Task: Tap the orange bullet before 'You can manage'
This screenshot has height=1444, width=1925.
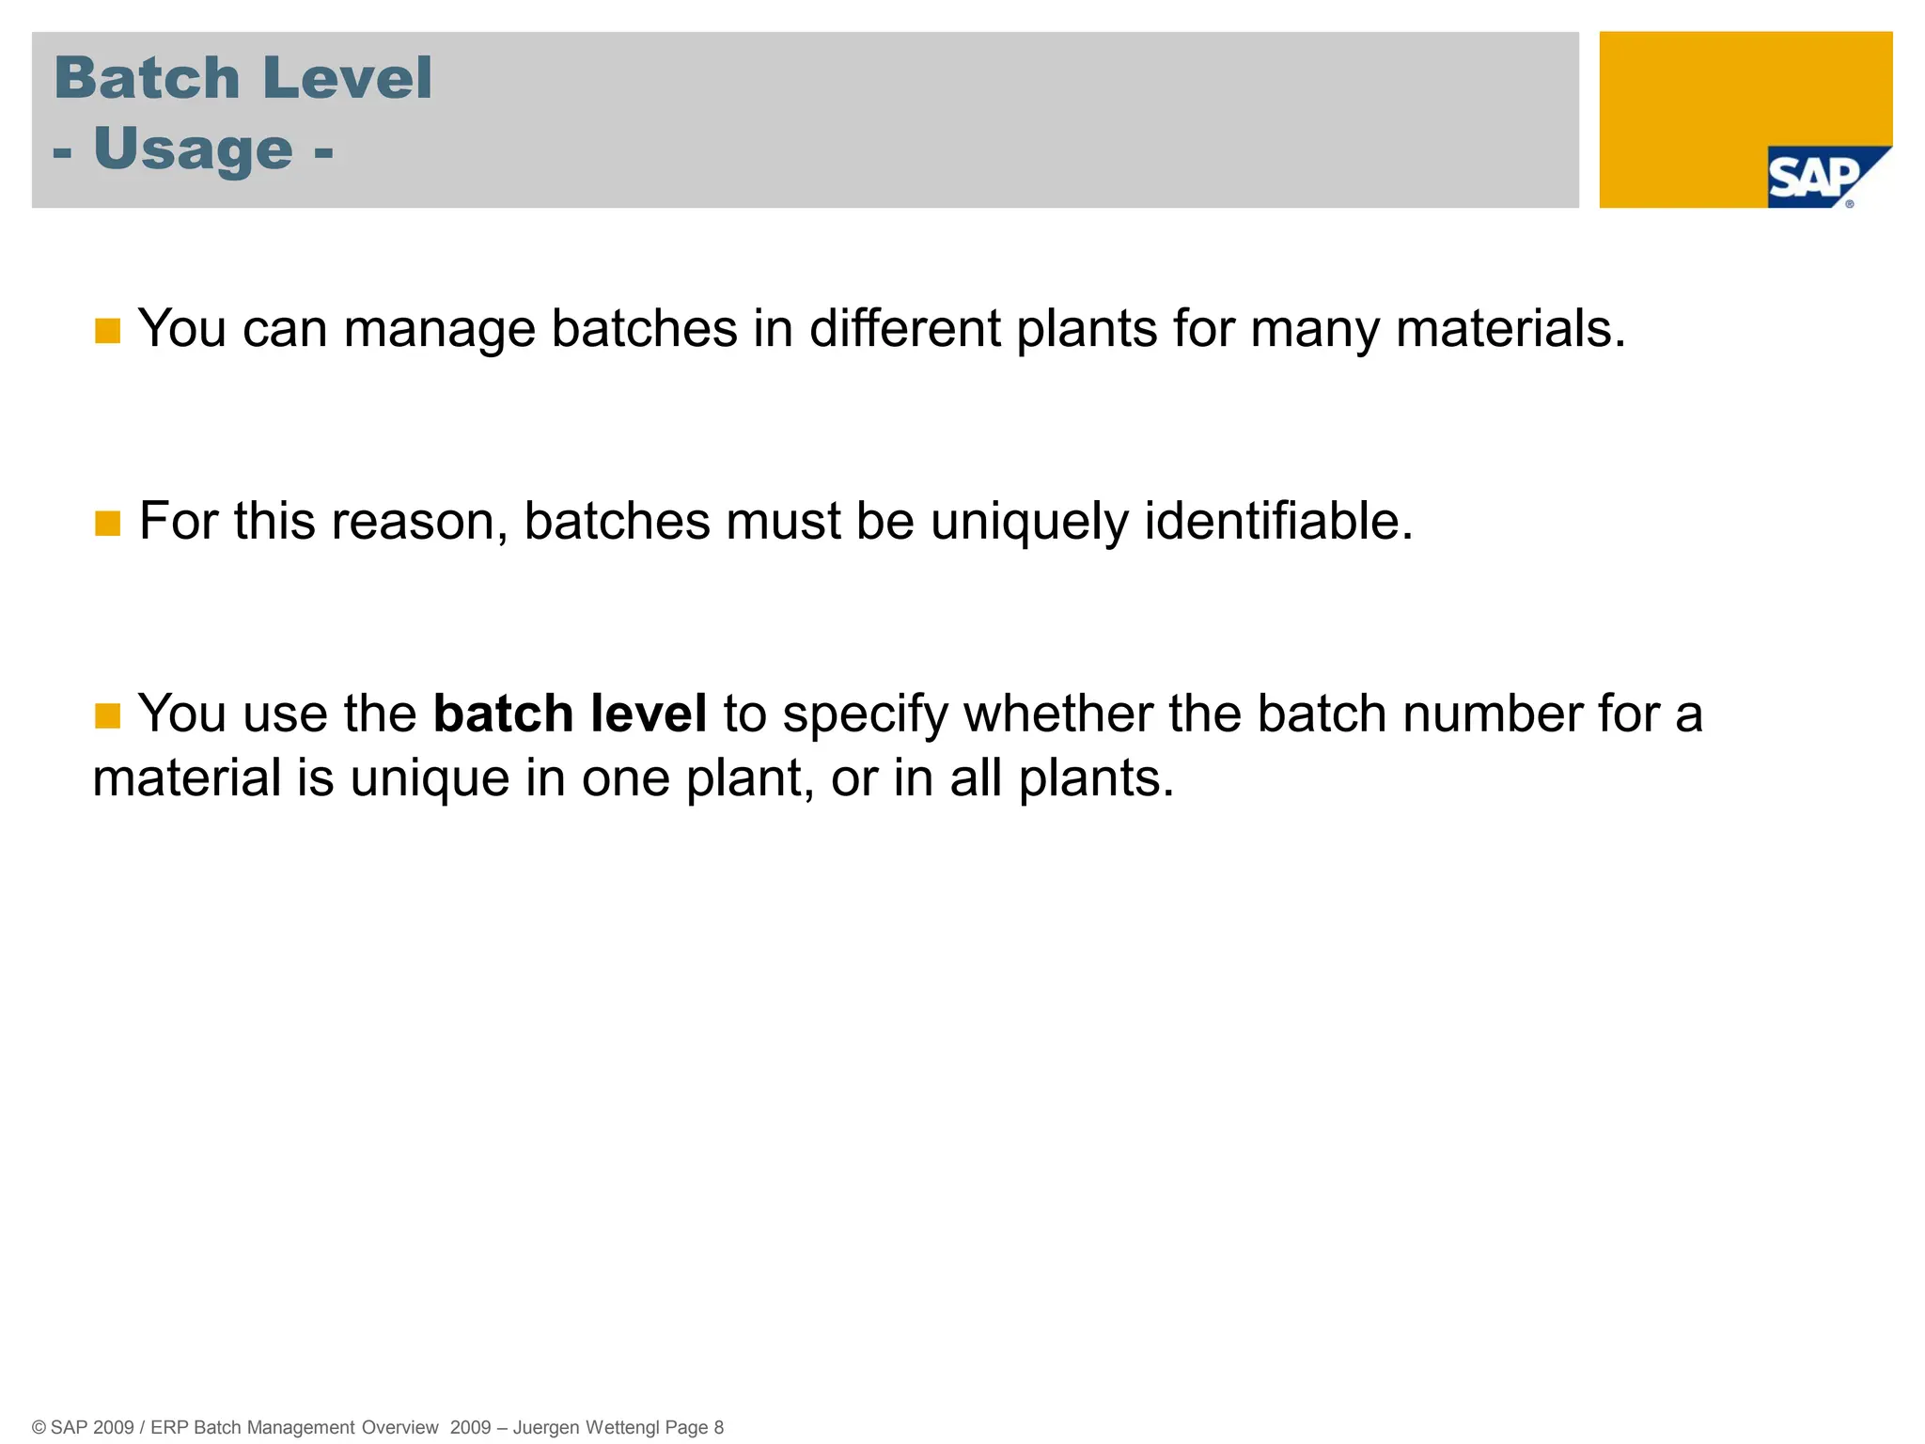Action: pos(108,331)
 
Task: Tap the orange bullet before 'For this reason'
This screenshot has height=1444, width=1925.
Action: pos(108,524)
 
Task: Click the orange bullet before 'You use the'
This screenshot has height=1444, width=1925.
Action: pos(108,715)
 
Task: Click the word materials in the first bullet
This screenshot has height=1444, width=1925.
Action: pos(1510,329)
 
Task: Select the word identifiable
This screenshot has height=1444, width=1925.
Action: pos(1277,521)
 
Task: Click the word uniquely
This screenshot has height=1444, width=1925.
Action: pos(1028,523)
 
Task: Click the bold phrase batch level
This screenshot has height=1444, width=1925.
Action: pos(570,714)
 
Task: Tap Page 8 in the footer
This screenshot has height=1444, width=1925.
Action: pos(694,1427)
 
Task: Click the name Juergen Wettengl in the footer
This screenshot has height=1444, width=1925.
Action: pos(586,1427)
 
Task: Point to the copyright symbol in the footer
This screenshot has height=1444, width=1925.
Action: pos(39,1428)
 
